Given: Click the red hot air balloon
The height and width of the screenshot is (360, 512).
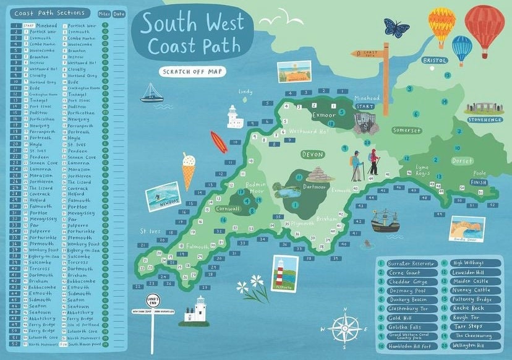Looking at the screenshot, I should click(x=484, y=26).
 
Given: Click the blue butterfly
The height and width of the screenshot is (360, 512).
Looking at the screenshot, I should click(x=396, y=28).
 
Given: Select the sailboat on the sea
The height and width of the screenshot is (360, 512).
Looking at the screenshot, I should click(x=151, y=93).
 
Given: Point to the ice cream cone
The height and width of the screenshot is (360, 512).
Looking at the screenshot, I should click(x=189, y=169).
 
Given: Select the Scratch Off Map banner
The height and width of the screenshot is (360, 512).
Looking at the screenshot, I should click(x=192, y=71).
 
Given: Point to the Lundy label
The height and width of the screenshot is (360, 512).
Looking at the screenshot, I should click(x=246, y=92).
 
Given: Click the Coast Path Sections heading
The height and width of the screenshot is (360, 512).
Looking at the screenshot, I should click(x=50, y=13).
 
